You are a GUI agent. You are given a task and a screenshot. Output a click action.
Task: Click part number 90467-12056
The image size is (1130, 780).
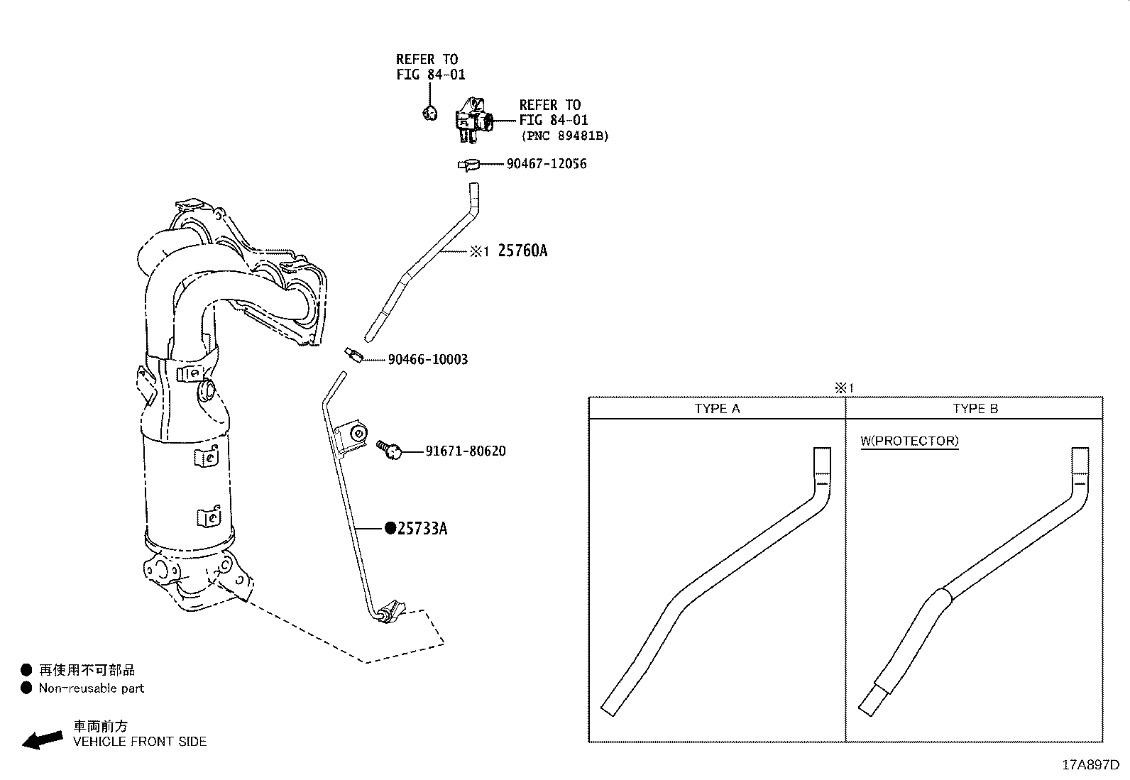point(547,164)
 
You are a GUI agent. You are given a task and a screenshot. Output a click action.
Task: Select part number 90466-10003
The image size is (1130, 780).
point(428,360)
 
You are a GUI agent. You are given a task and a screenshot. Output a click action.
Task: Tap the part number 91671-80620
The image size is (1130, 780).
point(466,451)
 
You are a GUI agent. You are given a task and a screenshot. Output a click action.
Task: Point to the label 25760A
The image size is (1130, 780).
point(522,251)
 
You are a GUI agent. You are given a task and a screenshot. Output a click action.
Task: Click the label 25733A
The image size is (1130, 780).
point(422,528)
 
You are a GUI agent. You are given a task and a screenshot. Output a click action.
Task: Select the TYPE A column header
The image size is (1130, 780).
point(717,409)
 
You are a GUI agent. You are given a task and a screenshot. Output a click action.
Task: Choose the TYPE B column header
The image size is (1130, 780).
point(975,409)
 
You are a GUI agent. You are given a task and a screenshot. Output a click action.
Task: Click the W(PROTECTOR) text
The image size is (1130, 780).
point(909,441)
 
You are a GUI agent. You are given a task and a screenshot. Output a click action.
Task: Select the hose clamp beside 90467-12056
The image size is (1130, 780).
point(468,165)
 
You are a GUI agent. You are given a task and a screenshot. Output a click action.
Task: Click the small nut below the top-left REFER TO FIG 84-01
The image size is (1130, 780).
point(429,112)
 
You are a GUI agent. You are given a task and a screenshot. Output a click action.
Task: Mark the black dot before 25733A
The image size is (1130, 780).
point(390,528)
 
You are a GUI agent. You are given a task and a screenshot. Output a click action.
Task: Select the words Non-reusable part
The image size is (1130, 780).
point(92,688)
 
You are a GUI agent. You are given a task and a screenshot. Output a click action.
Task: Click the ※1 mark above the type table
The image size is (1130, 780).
point(844,388)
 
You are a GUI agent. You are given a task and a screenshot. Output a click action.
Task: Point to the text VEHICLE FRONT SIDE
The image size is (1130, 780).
point(140,742)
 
